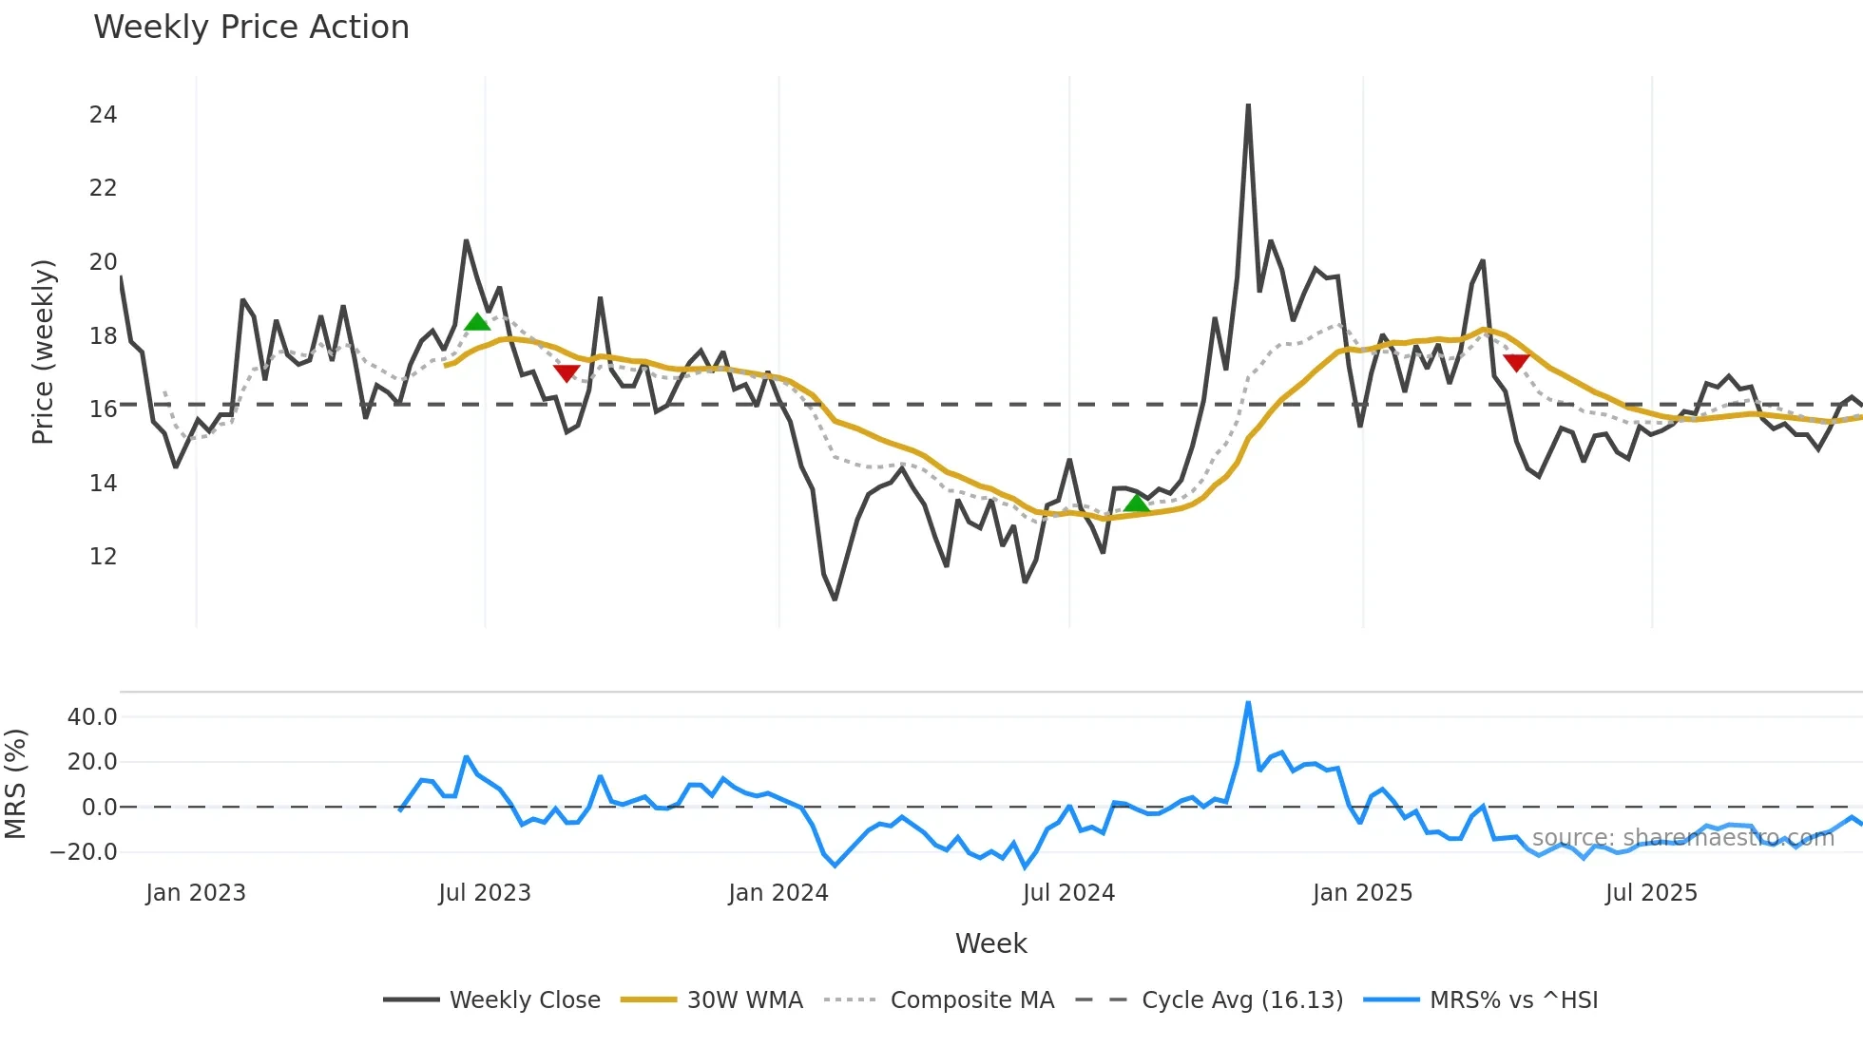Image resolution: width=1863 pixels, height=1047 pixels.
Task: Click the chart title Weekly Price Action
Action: pos(251,28)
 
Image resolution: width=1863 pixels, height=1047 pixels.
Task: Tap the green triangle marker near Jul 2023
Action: pos(477,322)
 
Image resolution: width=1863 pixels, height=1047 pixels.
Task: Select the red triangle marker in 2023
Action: pos(567,372)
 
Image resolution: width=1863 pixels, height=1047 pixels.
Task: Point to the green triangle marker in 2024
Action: pos(1136,503)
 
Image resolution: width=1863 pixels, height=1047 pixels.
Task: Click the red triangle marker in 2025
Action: pos(1516,362)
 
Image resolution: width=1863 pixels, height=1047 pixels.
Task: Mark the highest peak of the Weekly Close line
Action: pos(1248,105)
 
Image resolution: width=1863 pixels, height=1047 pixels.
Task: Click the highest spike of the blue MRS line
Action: pos(1248,704)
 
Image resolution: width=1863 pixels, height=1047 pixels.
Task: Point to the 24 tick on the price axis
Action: pos(103,115)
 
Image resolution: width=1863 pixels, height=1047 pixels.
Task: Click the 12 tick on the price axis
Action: pos(103,557)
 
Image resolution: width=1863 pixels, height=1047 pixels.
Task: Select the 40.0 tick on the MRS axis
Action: pos(92,717)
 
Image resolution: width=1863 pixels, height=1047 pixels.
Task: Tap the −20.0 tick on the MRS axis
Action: pos(84,852)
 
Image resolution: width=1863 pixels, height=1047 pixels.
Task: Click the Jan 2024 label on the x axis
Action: pos(778,893)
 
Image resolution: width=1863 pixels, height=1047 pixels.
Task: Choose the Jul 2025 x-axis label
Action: pos(1651,893)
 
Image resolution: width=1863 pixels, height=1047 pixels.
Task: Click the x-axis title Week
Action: pos(990,943)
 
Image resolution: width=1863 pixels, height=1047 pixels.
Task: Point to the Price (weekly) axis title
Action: pos(44,352)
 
